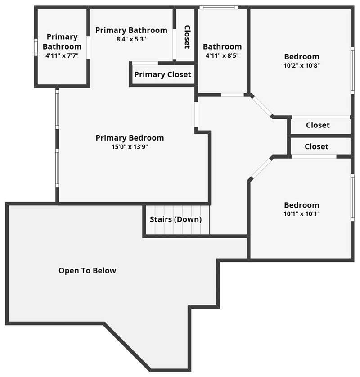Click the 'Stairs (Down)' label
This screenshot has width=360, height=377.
tap(175, 219)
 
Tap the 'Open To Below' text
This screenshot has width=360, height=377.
tap(87, 271)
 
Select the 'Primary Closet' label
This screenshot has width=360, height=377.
tap(162, 74)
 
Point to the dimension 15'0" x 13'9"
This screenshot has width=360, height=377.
tap(130, 146)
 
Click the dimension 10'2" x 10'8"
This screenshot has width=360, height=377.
tap(301, 65)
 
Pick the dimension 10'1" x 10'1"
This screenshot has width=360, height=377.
tap(301, 214)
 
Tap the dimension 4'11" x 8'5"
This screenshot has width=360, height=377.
tap(222, 55)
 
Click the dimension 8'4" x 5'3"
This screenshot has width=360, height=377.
tap(131, 39)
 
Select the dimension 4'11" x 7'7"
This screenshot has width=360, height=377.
tap(62, 55)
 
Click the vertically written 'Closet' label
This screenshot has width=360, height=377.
tap(187, 37)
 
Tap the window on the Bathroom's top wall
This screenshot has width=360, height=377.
tap(219, 8)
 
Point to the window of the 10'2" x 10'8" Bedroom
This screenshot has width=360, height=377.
tap(352, 70)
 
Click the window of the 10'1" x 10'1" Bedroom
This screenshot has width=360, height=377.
tap(352, 198)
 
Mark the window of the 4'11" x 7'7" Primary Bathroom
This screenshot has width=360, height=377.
tap(36, 47)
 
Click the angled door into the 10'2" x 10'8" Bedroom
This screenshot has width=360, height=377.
tap(262, 106)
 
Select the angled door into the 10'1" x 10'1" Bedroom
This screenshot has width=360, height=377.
tap(261, 168)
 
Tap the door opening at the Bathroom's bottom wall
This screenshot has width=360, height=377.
tap(233, 95)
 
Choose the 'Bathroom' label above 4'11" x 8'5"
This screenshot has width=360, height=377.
tap(222, 46)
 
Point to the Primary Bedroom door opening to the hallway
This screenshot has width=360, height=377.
tap(196, 115)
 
